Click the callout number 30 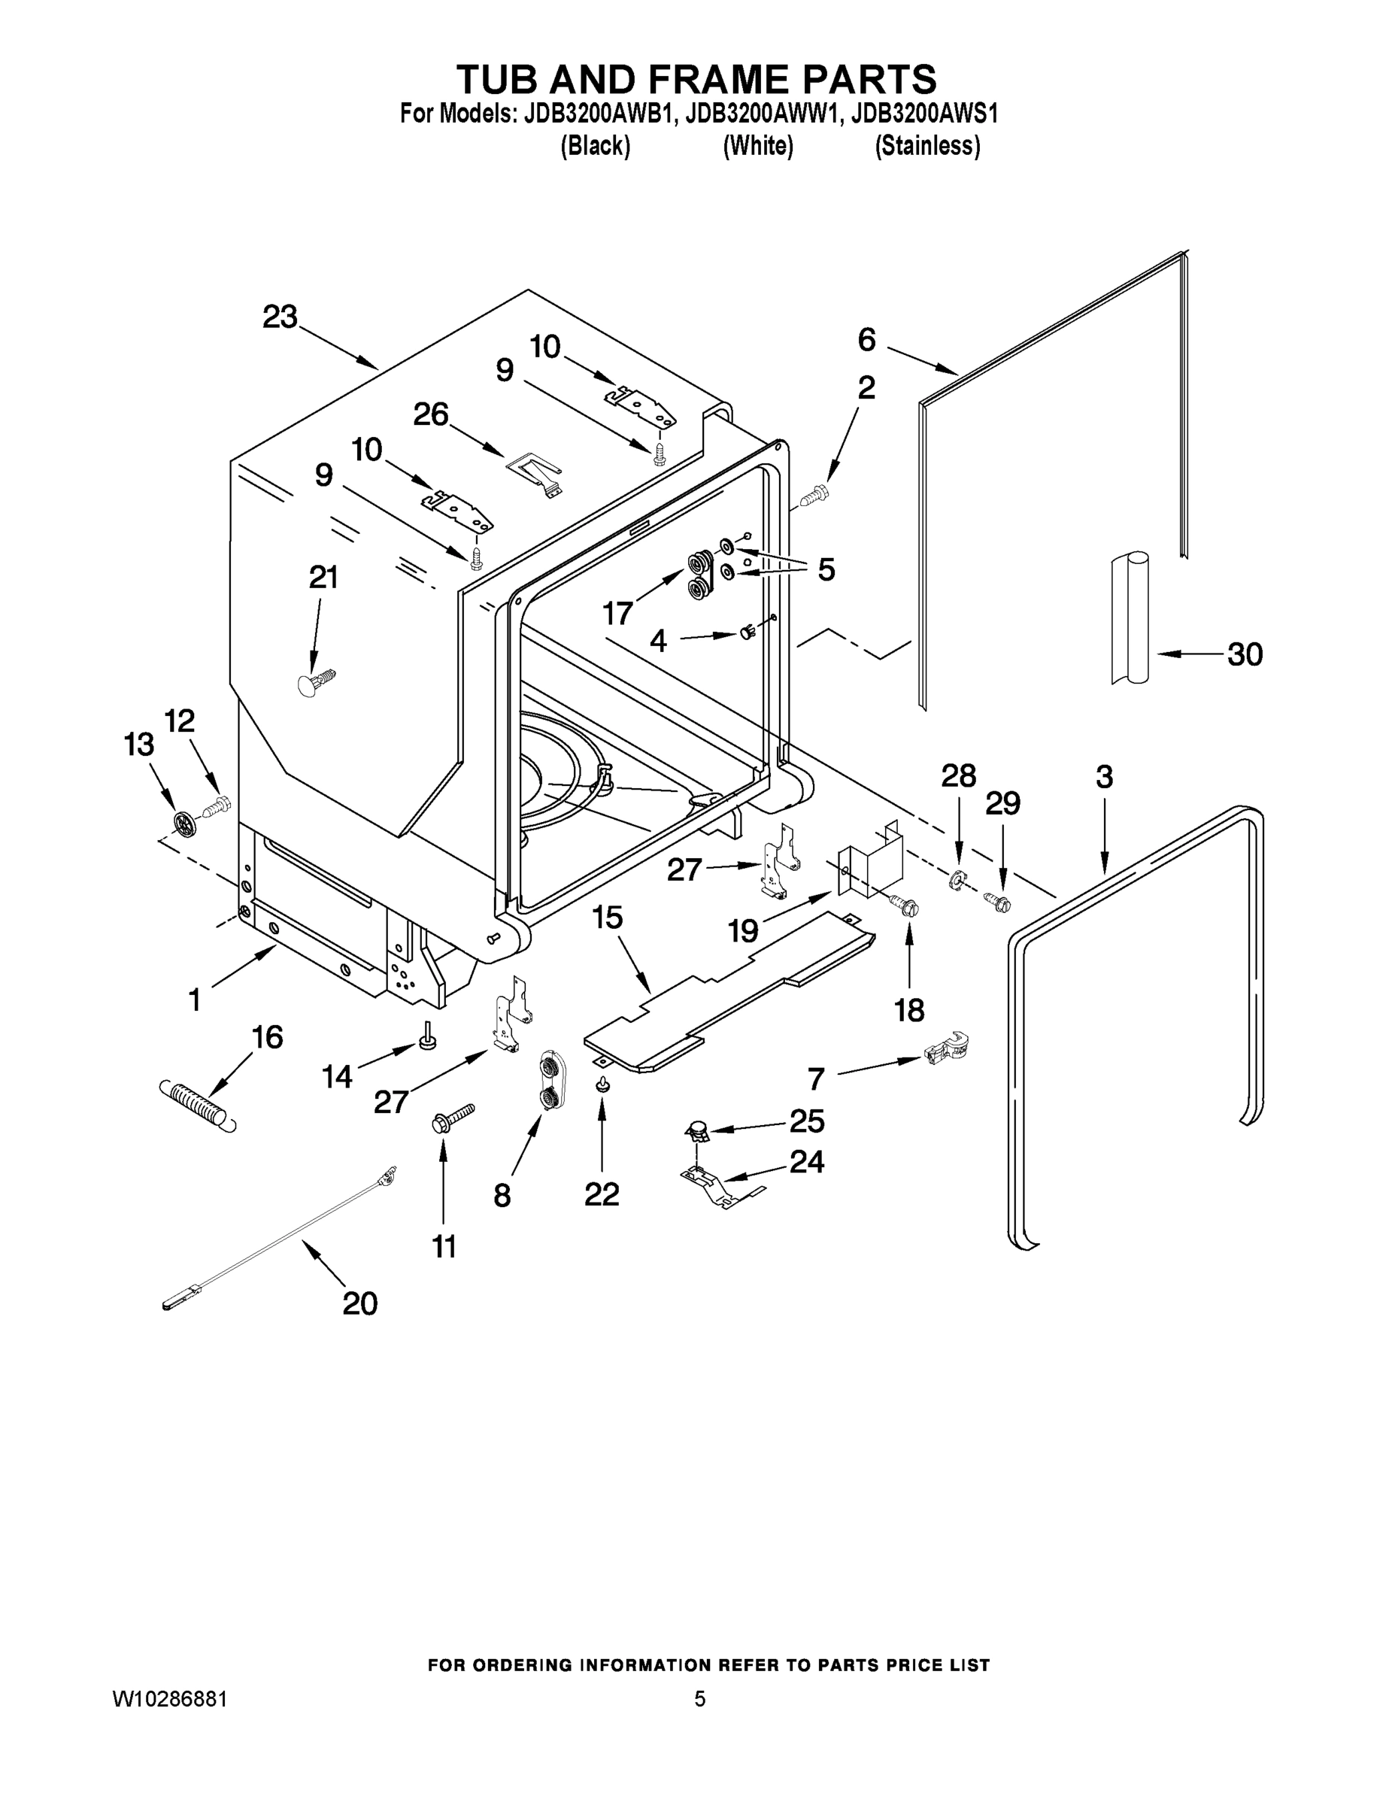click(x=1245, y=654)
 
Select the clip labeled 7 click(x=945, y=1051)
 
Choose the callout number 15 click(x=608, y=918)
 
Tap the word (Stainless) click(x=927, y=147)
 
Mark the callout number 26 click(x=431, y=415)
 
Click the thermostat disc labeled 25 click(x=699, y=1130)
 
